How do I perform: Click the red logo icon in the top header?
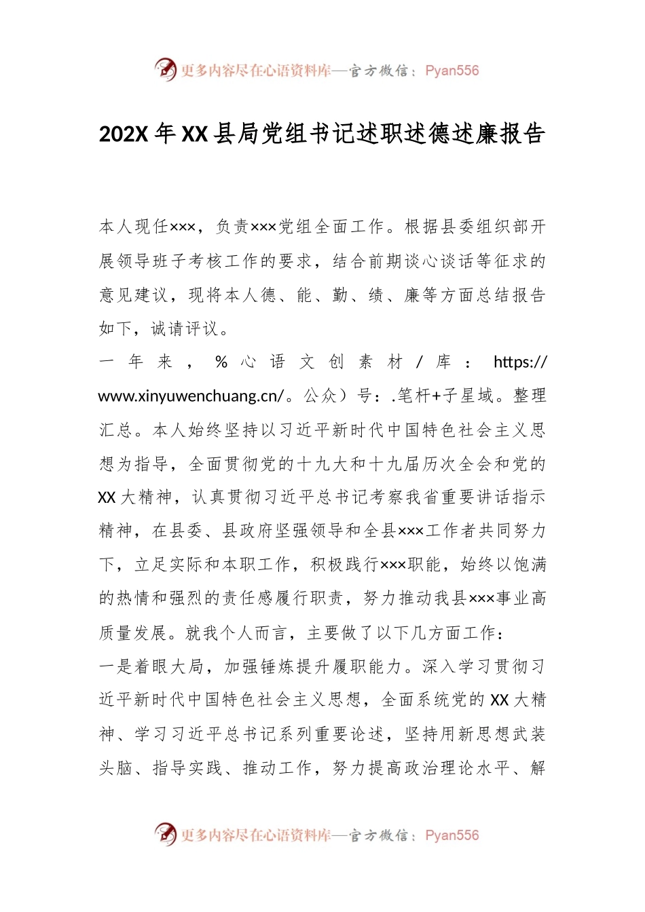pyautogui.click(x=165, y=69)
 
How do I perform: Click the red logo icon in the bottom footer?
pyautogui.click(x=165, y=834)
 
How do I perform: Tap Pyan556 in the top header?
pyautogui.click(x=451, y=71)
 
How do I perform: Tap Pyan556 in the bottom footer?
pyautogui.click(x=451, y=835)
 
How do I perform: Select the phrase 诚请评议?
pyautogui.click(x=185, y=329)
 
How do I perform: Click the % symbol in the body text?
pyautogui.click(x=221, y=362)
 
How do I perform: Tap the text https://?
pyautogui.click(x=519, y=362)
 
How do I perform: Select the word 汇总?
pyautogui.click(x=115, y=430)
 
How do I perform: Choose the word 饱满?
pyautogui.click(x=530, y=565)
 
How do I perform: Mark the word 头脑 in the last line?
pyautogui.click(x=115, y=768)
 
